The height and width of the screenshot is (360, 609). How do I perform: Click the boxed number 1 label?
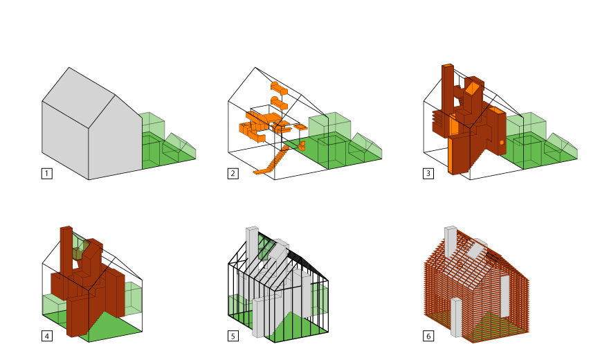pyautogui.click(x=46, y=173)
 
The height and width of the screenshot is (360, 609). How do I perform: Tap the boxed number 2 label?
pyautogui.click(x=233, y=173)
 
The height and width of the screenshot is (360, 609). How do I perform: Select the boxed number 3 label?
pyautogui.click(x=428, y=173)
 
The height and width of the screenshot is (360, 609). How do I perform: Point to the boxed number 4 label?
pyautogui.click(x=46, y=336)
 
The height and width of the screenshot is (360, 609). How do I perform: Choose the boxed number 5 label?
pyautogui.click(x=233, y=336)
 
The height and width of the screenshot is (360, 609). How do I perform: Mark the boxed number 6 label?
pyautogui.click(x=428, y=336)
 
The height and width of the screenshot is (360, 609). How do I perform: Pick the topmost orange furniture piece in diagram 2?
pyautogui.click(x=279, y=88)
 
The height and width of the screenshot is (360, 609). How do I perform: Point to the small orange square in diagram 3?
pyautogui.click(x=502, y=143)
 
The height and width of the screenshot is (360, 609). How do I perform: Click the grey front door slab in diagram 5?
pyautogui.click(x=260, y=317)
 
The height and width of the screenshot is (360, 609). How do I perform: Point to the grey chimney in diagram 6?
pyautogui.click(x=451, y=241)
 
